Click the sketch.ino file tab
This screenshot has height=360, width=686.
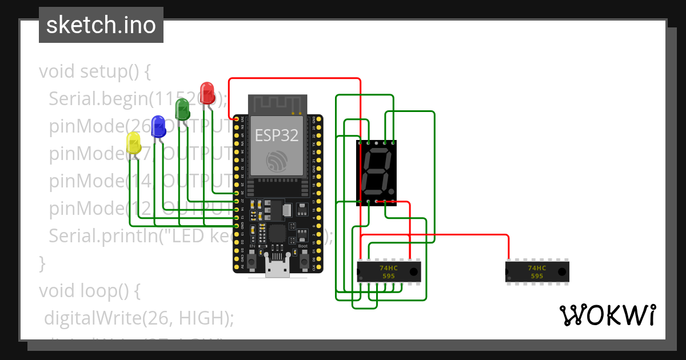pyautogui.click(x=101, y=25)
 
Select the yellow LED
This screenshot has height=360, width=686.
pyautogui.click(x=133, y=143)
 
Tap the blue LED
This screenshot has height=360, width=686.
pyautogui.click(x=158, y=126)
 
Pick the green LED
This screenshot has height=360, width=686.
pyautogui.click(x=182, y=109)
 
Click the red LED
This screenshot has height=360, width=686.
pyautogui.click(x=207, y=93)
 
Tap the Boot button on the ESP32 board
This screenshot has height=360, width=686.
pyautogui.click(x=304, y=262)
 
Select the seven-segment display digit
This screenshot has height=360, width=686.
pyautogui.click(x=377, y=172)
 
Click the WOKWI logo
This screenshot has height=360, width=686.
pyautogui.click(x=607, y=315)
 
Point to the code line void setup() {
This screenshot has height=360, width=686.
pyautogui.click(x=95, y=71)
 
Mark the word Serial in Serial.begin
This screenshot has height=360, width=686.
pyautogui.click(x=74, y=99)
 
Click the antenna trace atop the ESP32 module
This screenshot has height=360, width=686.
pyautogui.click(x=278, y=105)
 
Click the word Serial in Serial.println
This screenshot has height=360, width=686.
pyautogui.click(x=74, y=235)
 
